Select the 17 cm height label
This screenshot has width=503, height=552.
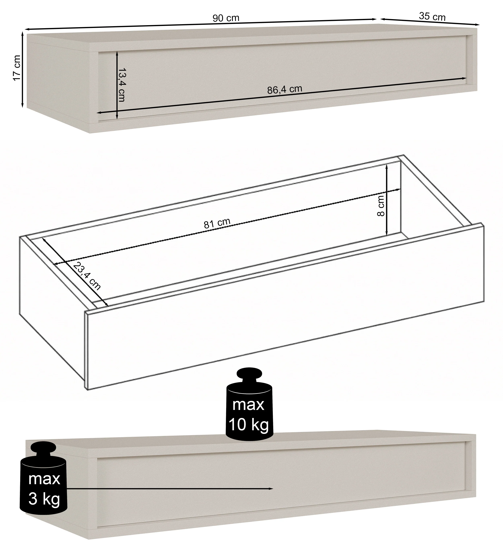(x=17, y=68)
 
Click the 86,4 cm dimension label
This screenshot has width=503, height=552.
(x=285, y=89)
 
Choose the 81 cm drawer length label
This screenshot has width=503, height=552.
(x=217, y=223)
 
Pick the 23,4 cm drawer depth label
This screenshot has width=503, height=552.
(x=87, y=276)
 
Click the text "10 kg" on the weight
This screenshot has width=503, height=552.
(x=249, y=425)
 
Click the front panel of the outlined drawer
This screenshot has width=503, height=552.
(x=285, y=306)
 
